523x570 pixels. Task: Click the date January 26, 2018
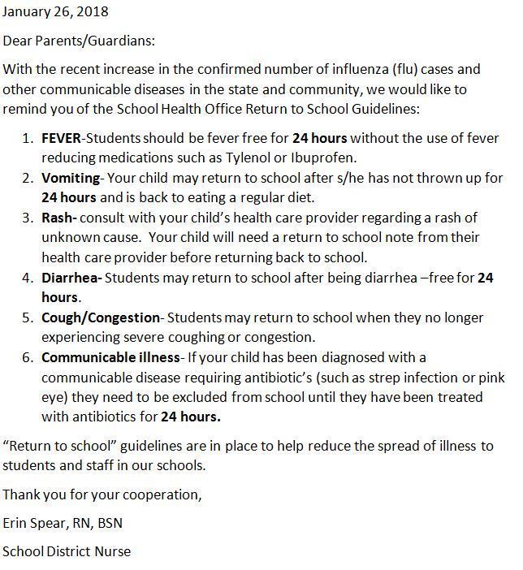coord(55,12)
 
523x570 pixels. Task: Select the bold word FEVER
coord(61,138)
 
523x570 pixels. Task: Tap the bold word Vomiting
coord(71,177)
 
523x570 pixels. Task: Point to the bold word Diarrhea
coord(71,278)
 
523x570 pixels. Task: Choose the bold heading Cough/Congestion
coord(102,317)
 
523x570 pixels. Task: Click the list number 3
coord(27,217)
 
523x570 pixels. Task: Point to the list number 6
coord(27,357)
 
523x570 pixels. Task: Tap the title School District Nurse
coord(67,551)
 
